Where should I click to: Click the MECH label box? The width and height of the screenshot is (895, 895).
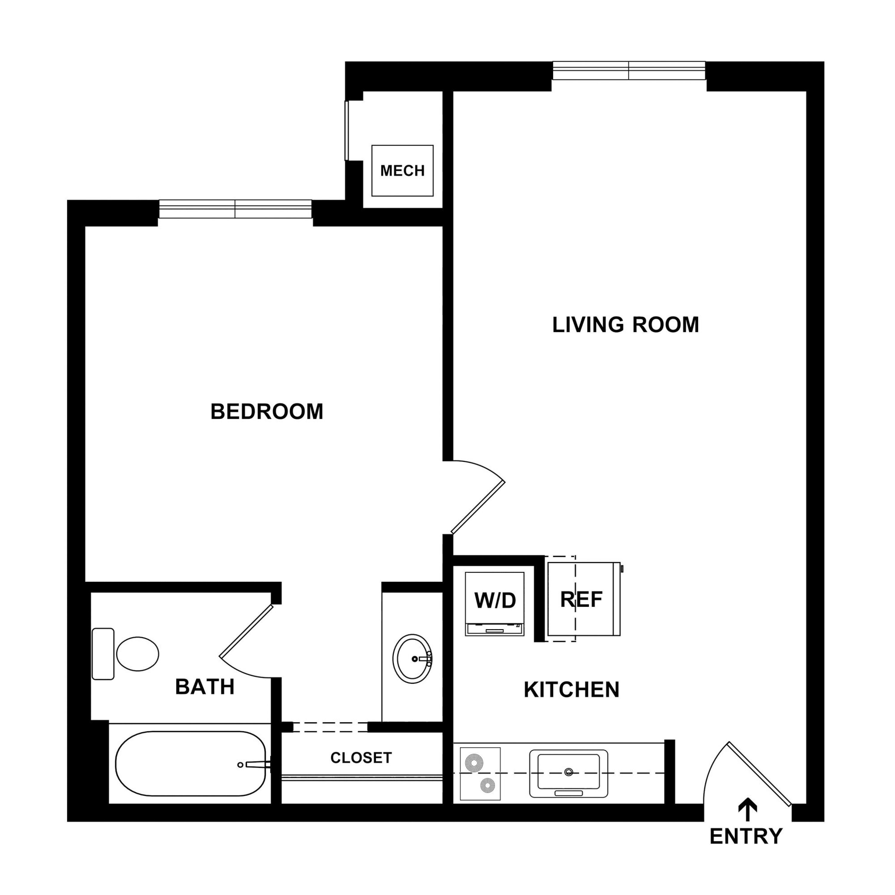(402, 170)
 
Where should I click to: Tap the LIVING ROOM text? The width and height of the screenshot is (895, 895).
(625, 325)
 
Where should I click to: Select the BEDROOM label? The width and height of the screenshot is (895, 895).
(267, 411)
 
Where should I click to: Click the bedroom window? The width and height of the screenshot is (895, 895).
(235, 209)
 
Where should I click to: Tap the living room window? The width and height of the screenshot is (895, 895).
(629, 70)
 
